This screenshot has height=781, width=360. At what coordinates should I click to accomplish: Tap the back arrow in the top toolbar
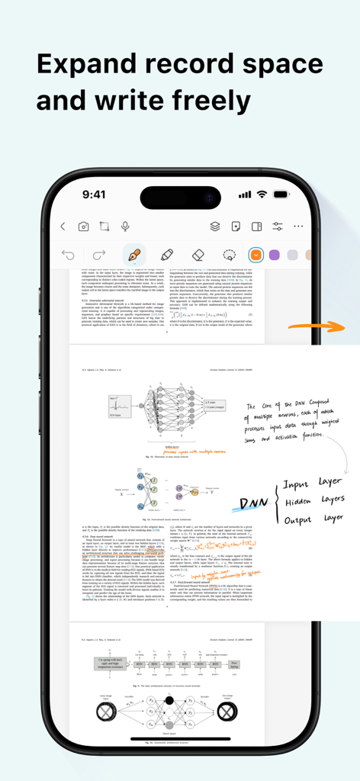click(63, 227)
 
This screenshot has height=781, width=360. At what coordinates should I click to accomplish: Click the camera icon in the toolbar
click(83, 227)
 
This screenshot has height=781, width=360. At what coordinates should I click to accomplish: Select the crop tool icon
click(104, 227)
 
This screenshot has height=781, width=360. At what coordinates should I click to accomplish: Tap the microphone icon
click(125, 227)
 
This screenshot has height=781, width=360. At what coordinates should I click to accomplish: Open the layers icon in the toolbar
click(215, 227)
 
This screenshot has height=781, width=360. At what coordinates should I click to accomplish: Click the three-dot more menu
click(298, 227)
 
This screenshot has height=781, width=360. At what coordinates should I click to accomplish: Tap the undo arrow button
click(69, 255)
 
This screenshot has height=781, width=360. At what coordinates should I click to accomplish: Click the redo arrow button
click(98, 255)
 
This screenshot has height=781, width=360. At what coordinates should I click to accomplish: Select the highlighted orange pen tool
click(135, 255)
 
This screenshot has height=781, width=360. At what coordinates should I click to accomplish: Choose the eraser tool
click(198, 255)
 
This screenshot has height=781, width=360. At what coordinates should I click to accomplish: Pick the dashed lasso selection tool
click(229, 255)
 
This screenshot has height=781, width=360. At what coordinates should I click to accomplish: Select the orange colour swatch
click(256, 255)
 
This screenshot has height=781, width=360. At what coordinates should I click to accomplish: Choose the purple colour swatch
click(275, 255)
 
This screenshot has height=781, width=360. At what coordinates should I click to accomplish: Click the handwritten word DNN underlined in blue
click(253, 503)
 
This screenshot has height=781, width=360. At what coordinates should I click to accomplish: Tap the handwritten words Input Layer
click(313, 484)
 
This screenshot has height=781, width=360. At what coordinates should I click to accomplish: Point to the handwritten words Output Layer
click(313, 519)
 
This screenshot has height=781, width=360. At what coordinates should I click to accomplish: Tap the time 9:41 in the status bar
click(94, 194)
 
